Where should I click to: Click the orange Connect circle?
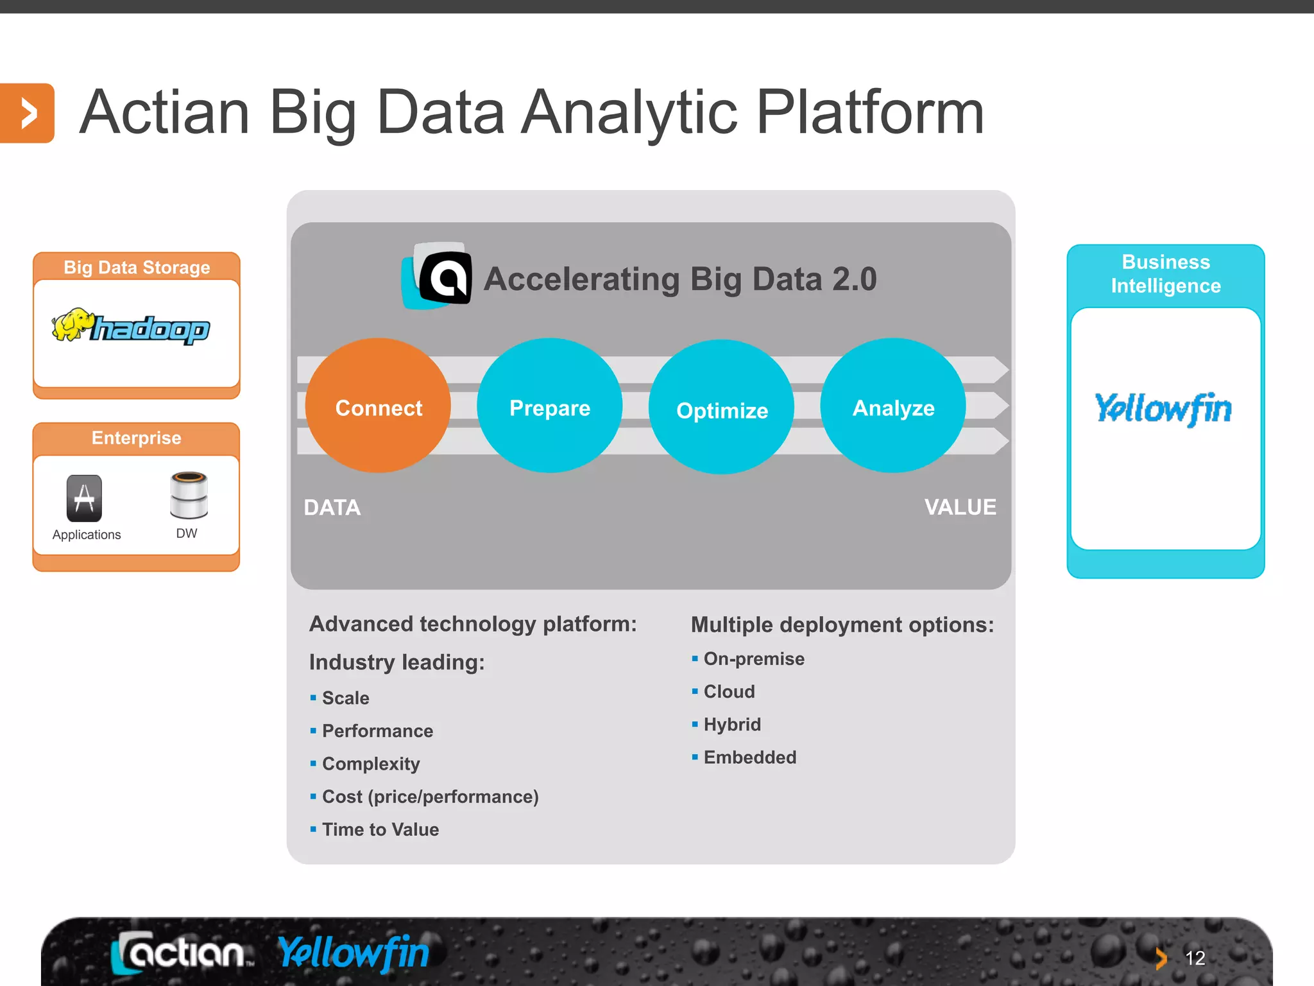(x=378, y=406)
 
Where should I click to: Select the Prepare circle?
(x=550, y=406)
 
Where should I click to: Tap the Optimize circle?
(x=722, y=408)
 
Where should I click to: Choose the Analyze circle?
(x=893, y=406)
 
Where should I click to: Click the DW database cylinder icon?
(x=189, y=495)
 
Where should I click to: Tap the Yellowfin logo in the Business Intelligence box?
(x=1164, y=409)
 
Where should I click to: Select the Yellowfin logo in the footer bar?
(x=354, y=953)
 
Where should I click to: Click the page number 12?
(x=1195, y=958)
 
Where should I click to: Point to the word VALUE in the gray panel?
(x=960, y=507)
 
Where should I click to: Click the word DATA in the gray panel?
(x=332, y=508)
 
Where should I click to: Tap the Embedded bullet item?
(x=749, y=757)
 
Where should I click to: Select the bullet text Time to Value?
(x=380, y=829)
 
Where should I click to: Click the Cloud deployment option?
(x=729, y=691)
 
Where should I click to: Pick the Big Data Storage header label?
(x=137, y=267)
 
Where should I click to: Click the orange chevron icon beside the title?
(x=27, y=114)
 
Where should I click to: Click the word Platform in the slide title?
(x=870, y=113)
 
